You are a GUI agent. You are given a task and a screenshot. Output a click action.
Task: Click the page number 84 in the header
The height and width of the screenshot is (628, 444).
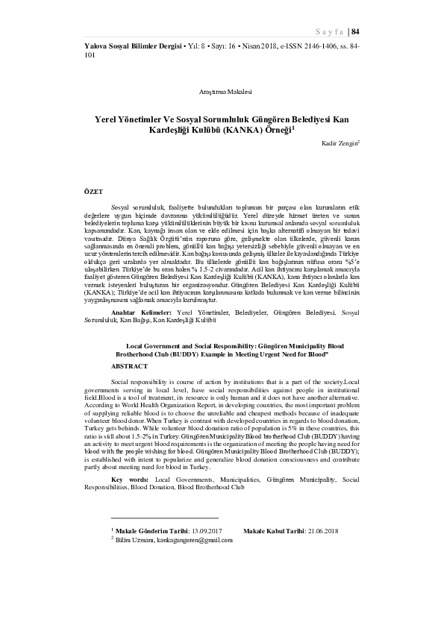(355, 31)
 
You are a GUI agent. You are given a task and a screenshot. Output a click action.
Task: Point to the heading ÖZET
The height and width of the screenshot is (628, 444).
(93, 192)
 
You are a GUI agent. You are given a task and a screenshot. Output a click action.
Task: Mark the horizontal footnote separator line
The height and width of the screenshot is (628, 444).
(164, 518)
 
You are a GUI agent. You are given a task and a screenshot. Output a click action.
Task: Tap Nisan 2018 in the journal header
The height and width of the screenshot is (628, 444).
(262, 46)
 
